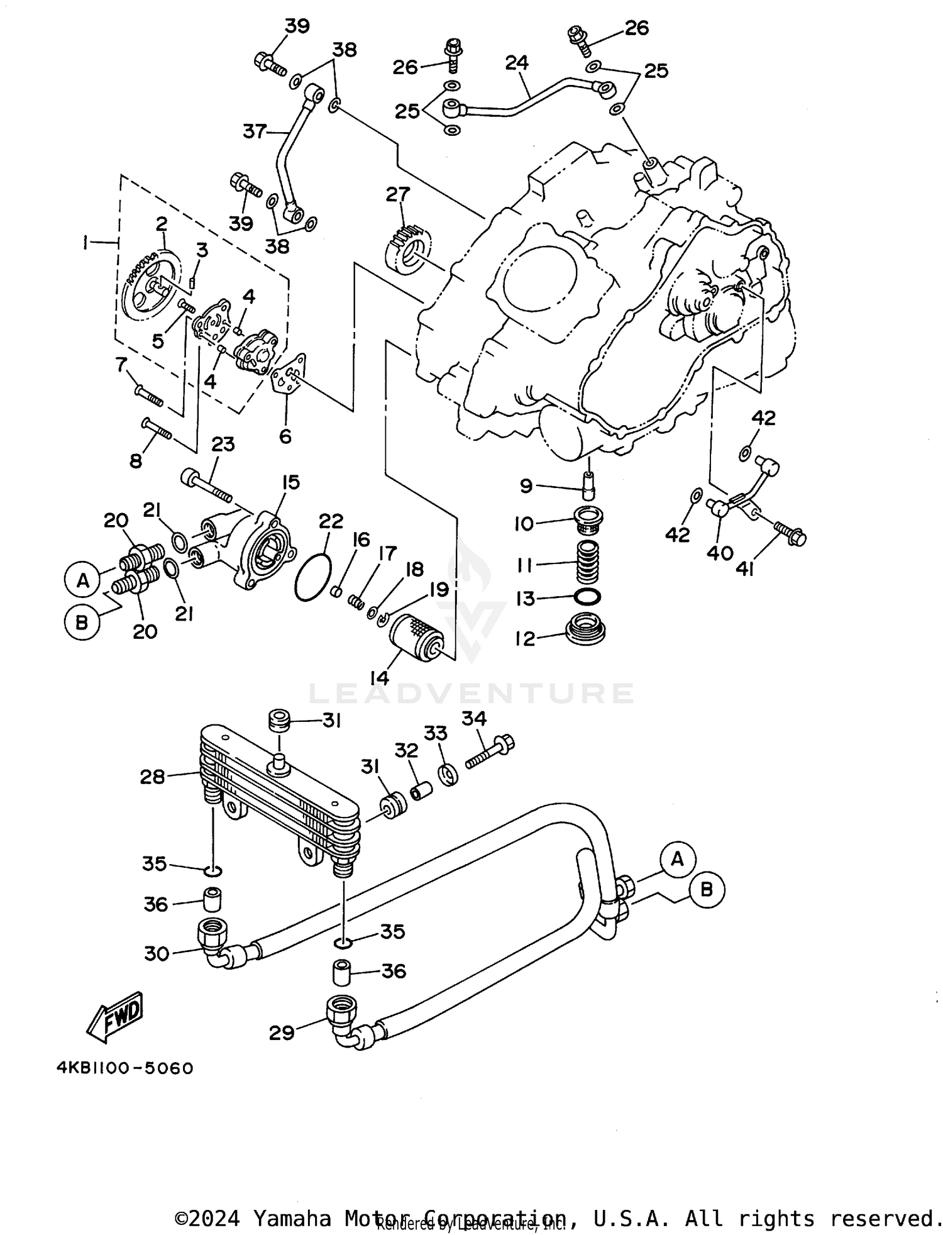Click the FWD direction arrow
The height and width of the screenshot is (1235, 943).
116,1017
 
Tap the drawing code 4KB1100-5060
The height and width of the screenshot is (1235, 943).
124,1068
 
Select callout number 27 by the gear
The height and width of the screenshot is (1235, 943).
397,194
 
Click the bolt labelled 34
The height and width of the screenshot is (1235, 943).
490,752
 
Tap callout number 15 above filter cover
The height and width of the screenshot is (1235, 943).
290,483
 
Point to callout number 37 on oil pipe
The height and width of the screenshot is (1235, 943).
255,132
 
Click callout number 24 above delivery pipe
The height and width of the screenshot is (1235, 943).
516,63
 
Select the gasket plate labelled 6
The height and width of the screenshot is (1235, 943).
289,377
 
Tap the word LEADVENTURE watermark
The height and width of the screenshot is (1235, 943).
472,693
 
